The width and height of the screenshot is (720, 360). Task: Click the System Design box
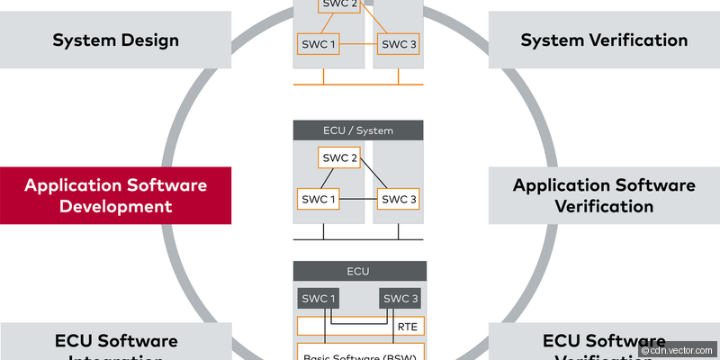(x=115, y=40)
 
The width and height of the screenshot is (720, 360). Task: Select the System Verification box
(x=604, y=40)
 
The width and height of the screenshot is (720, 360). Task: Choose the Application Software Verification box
(x=604, y=195)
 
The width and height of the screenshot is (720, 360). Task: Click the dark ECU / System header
(x=357, y=130)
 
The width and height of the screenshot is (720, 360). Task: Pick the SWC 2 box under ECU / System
(x=338, y=158)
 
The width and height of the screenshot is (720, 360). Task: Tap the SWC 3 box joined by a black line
(x=399, y=198)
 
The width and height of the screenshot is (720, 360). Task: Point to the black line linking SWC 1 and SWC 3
(x=357, y=199)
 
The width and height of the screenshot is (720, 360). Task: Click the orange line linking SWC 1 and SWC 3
(x=357, y=43)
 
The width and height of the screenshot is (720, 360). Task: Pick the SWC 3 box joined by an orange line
(x=399, y=43)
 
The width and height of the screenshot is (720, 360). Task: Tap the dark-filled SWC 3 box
(x=399, y=299)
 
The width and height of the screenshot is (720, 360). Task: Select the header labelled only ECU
(x=357, y=271)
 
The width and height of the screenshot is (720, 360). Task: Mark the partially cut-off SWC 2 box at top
(x=338, y=5)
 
